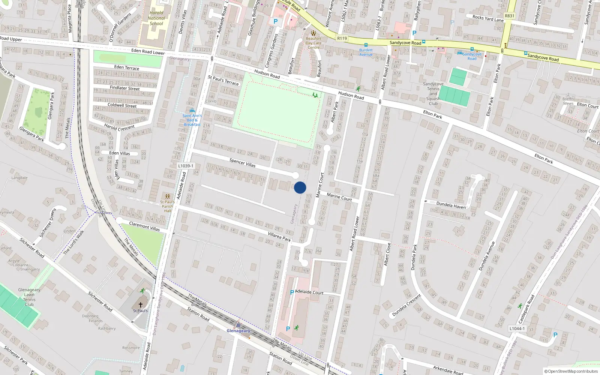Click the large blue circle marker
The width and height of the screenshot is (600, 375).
click(x=300, y=187)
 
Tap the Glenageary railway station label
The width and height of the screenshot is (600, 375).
click(x=238, y=331)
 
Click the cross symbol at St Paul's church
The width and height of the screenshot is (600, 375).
click(x=141, y=305)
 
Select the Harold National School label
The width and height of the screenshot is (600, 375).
click(x=156, y=18)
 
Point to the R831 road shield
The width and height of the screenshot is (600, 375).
click(x=510, y=16)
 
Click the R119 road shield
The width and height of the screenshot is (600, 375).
click(x=342, y=38)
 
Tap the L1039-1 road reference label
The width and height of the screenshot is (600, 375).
click(x=186, y=166)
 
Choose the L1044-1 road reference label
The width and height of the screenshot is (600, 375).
click(x=517, y=328)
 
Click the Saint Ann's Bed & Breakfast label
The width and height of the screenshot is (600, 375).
click(x=192, y=120)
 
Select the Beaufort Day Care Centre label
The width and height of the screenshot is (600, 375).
click(x=313, y=43)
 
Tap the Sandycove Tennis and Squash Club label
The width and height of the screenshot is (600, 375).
click(x=433, y=94)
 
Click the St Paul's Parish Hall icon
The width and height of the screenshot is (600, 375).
click(x=167, y=196)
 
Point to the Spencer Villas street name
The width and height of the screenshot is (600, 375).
click(x=242, y=163)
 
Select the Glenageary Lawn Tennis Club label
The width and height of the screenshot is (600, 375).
click(x=29, y=297)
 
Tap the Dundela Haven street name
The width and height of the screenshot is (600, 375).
click(x=451, y=205)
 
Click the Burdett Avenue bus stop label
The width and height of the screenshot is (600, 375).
click(x=366, y=52)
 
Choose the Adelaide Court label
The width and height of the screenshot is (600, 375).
click(x=309, y=292)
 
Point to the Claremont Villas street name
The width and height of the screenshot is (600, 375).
click(x=144, y=226)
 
